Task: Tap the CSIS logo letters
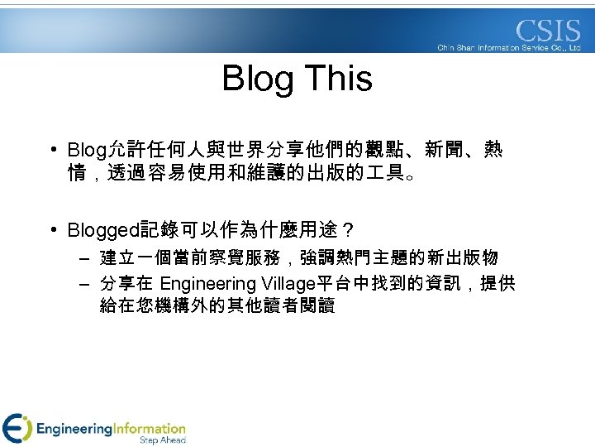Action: click(548, 31)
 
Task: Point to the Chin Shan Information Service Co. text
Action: click(509, 48)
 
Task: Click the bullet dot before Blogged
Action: click(53, 228)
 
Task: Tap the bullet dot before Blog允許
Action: click(53, 150)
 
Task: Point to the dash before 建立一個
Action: click(84, 258)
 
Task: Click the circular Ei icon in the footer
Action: click(17, 428)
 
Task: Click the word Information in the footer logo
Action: click(150, 429)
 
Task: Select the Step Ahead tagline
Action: click(162, 441)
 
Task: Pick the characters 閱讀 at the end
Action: click(317, 306)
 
